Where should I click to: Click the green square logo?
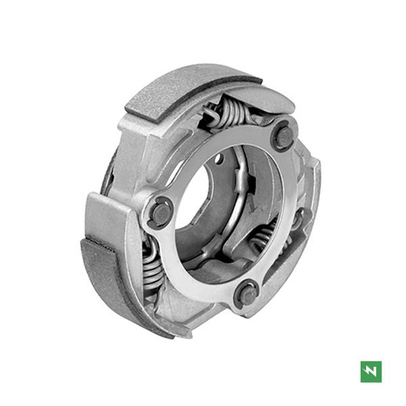(371, 371)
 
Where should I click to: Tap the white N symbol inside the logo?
(371, 371)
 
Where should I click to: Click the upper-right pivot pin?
(284, 137)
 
